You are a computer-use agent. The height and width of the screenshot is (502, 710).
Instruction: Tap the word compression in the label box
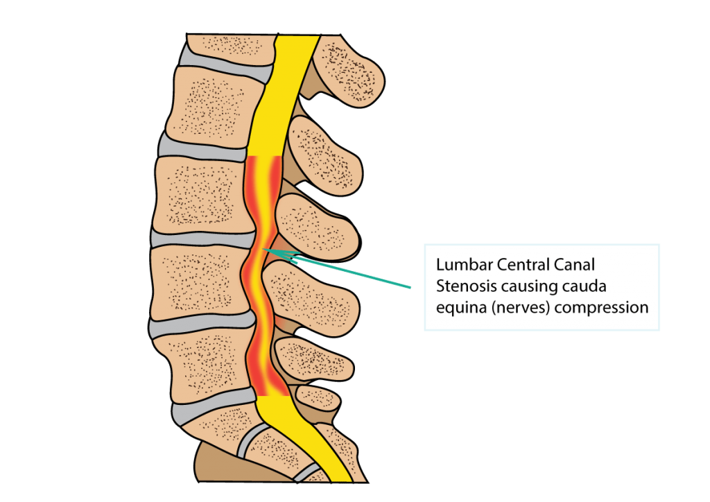point(601,309)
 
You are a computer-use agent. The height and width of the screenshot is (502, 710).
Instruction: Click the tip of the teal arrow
point(263,248)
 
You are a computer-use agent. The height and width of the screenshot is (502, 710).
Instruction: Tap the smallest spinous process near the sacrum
point(318,398)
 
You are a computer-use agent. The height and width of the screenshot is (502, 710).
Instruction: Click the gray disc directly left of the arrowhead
point(203,240)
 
